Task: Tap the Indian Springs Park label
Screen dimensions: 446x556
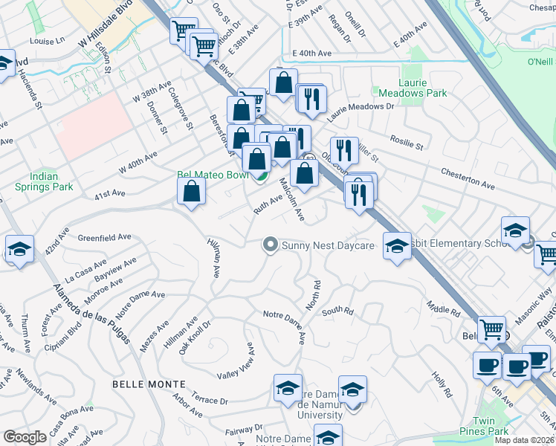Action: click(44, 181)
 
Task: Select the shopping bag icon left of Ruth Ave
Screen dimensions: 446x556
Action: click(192, 190)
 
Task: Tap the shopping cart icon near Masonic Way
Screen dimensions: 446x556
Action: click(546, 253)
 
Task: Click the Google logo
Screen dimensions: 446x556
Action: click(25, 437)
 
